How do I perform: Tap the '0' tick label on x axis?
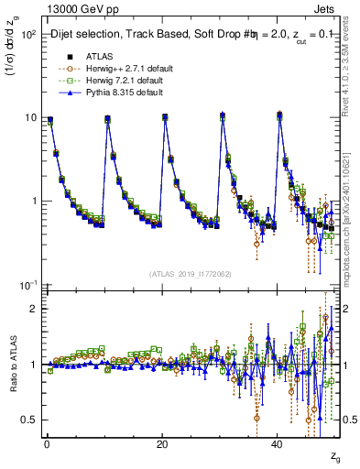point(47,443)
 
